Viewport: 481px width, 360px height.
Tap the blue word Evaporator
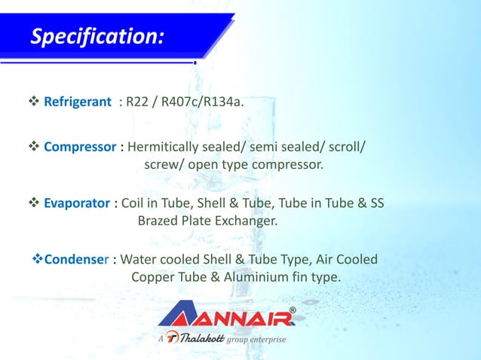(x=77, y=203)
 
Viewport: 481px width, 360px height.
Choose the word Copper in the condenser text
(x=155, y=277)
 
